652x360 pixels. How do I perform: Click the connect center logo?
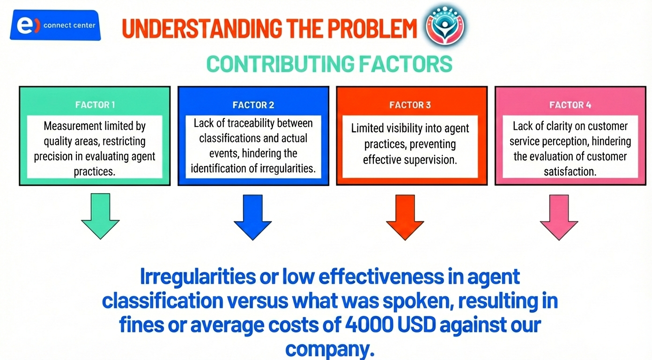point(55,25)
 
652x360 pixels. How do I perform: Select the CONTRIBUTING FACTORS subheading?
point(329,64)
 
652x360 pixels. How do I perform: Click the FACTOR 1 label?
point(95,105)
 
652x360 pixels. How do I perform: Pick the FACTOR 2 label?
point(253,105)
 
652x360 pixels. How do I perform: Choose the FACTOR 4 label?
point(570,105)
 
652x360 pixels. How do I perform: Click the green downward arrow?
point(100,216)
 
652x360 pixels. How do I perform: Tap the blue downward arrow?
point(253,217)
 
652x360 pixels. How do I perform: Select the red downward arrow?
point(405,217)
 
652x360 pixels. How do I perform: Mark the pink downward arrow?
point(559,217)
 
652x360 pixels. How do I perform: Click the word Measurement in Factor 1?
point(72,127)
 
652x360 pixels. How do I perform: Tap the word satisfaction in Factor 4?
point(570,172)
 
